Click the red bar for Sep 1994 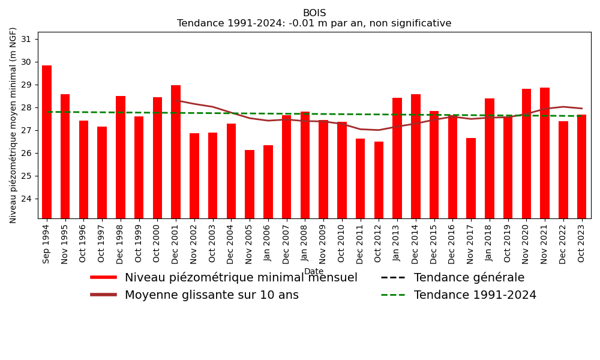[x=47, y=142]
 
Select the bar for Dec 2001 [x=176, y=152]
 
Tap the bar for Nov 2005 [x=250, y=184]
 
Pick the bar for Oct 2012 [x=379, y=180]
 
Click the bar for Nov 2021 [x=545, y=153]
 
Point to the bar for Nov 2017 [x=471, y=178]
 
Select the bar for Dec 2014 [x=416, y=156]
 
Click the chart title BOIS [x=314, y=13]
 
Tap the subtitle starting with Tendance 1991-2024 [x=314, y=23]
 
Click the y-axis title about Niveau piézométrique [x=13, y=125]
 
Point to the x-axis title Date [x=314, y=272]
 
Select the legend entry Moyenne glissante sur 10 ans [x=211, y=295]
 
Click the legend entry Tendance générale [x=469, y=278]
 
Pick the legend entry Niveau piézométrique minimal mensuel [x=241, y=278]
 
